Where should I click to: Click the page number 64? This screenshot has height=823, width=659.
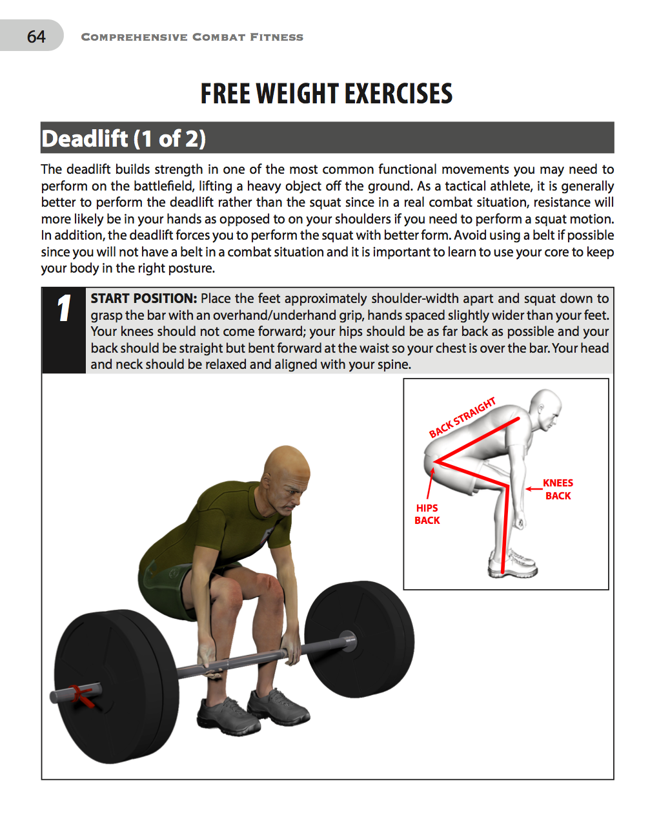tap(36, 37)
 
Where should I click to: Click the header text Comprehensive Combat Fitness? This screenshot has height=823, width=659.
tap(192, 37)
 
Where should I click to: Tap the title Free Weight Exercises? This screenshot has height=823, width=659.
tap(327, 94)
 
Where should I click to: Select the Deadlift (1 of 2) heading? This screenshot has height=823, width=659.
tap(123, 139)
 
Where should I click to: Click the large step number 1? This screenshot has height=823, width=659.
tap(63, 308)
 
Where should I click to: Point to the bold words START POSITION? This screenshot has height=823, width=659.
tap(143, 298)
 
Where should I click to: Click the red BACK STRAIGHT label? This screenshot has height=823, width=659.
tap(462, 417)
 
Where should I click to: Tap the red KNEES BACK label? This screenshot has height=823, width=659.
tap(558, 490)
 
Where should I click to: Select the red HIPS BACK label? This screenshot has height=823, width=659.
tap(427, 514)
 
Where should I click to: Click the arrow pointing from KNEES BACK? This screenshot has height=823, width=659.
tap(533, 489)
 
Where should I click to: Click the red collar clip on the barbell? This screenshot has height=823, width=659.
tap(81, 695)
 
